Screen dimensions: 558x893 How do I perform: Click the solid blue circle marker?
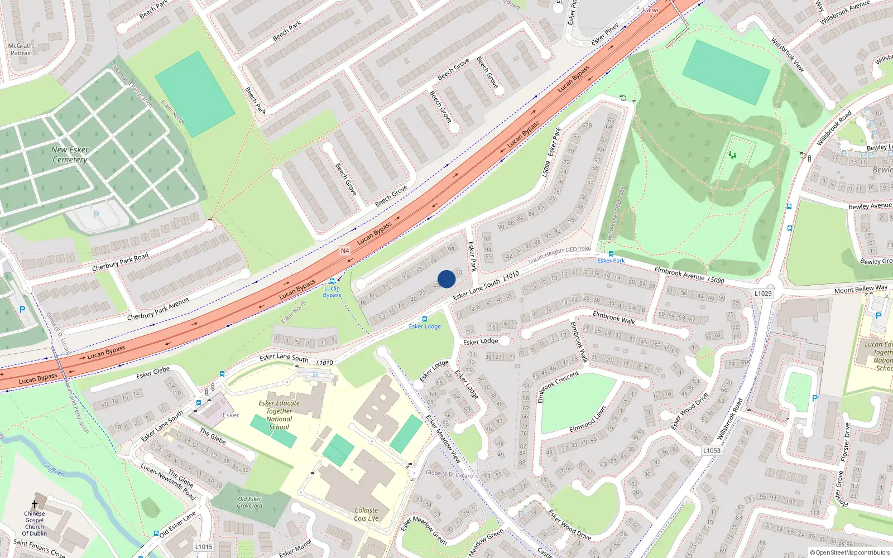point(446,279)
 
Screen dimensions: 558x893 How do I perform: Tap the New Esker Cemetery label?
point(70,155)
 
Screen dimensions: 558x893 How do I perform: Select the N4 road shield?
point(345,251)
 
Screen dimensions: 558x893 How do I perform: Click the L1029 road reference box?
point(763,294)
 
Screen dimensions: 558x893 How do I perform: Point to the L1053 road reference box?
point(712,450)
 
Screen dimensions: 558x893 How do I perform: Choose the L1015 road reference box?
point(204,546)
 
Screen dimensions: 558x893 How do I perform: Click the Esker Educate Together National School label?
point(279,415)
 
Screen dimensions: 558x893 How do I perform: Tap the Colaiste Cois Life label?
point(366,514)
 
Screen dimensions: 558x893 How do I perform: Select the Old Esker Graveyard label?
point(249,502)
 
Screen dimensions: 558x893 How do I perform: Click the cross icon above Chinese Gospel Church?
point(35,504)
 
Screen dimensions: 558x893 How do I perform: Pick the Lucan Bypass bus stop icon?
point(333,281)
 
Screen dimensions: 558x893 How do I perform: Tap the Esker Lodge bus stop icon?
point(425,319)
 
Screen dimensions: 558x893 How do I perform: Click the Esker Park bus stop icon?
point(611,253)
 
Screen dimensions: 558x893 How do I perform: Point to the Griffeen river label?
point(54,469)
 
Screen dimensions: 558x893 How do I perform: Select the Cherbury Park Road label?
point(120,262)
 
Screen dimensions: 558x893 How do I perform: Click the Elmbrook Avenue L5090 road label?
point(689,275)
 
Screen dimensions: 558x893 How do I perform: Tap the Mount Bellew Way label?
point(861,289)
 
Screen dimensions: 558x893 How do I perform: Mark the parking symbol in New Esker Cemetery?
point(97,215)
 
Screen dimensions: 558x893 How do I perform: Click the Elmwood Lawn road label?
point(588,419)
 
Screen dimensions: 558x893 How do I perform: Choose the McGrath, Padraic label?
point(21,50)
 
